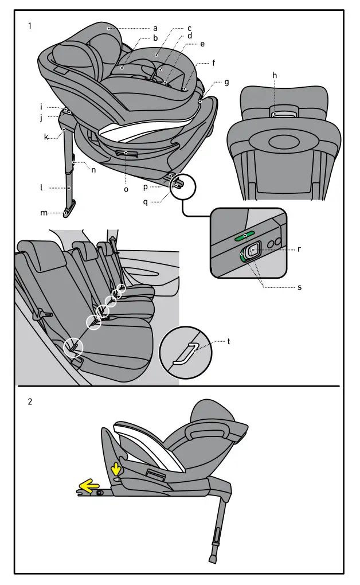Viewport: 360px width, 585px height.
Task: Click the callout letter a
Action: (x=155, y=28)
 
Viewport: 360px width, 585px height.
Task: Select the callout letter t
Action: (x=229, y=341)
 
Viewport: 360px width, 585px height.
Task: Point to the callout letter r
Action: (x=300, y=249)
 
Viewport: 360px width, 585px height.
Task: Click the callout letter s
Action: (x=299, y=287)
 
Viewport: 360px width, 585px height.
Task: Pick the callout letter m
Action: (x=44, y=213)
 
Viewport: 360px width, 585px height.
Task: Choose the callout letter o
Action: (x=126, y=189)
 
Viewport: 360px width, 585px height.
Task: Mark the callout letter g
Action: (x=226, y=82)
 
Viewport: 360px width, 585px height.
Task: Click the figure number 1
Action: (x=30, y=26)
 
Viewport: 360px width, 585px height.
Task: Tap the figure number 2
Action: (x=30, y=401)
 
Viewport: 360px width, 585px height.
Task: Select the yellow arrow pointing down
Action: (x=116, y=469)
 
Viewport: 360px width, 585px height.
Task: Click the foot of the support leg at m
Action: (x=68, y=212)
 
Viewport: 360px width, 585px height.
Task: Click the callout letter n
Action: (x=93, y=170)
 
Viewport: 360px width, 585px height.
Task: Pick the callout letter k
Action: (x=46, y=137)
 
